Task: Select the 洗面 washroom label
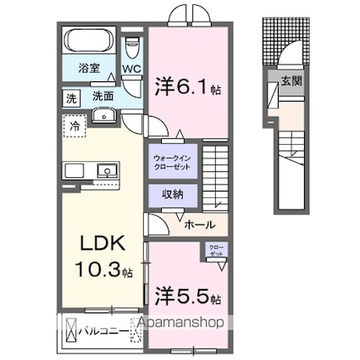(102, 97)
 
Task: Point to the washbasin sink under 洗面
(104, 116)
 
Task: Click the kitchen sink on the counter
(107, 171)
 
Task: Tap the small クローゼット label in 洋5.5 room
(217, 252)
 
